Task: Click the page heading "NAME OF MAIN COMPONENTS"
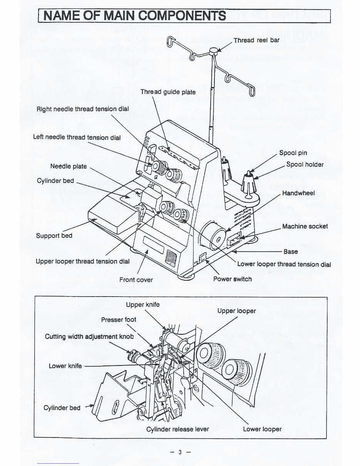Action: pos(134,16)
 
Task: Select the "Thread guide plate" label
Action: pos(168,92)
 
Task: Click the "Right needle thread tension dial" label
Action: pos(82,109)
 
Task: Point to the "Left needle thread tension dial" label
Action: pos(77,137)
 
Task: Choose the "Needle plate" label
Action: pos(69,166)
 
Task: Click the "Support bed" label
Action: pos(54,236)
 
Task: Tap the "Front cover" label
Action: pos(136,280)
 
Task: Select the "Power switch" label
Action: pos(233,279)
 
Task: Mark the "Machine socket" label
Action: pos(305,226)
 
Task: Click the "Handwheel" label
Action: pos(298,193)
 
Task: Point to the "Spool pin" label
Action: pos(293,153)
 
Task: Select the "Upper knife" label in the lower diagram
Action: pos(142,305)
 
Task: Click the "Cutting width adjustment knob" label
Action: pos(89,337)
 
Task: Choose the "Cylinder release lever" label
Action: pos(177,429)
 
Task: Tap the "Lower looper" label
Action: pos(262,429)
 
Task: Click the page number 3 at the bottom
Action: pos(179,452)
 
